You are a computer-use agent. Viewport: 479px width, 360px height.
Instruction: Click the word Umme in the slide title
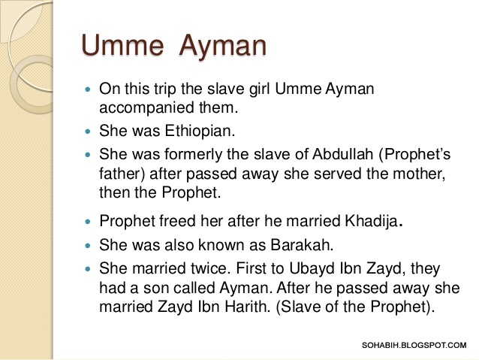[121, 46]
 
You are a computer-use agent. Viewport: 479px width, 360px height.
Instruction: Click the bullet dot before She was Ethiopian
[88, 130]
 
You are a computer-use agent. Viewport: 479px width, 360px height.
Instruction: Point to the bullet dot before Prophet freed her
[88, 222]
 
